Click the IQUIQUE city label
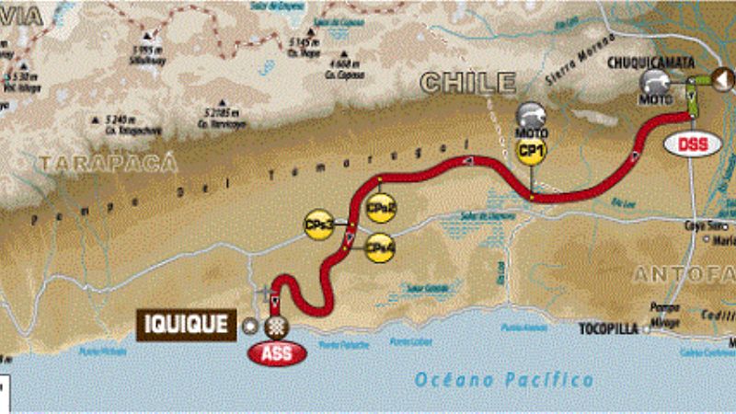click(x=186, y=324)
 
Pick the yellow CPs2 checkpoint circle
click(x=380, y=209)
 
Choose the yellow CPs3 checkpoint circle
click(x=318, y=224)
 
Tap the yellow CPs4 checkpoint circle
click(x=380, y=247)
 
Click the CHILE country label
click(x=467, y=83)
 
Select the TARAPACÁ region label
click(x=94, y=163)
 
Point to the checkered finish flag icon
click(x=273, y=326)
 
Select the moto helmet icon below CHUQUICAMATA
click(x=658, y=86)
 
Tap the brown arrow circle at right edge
click(x=720, y=80)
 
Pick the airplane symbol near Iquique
click(x=267, y=293)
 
